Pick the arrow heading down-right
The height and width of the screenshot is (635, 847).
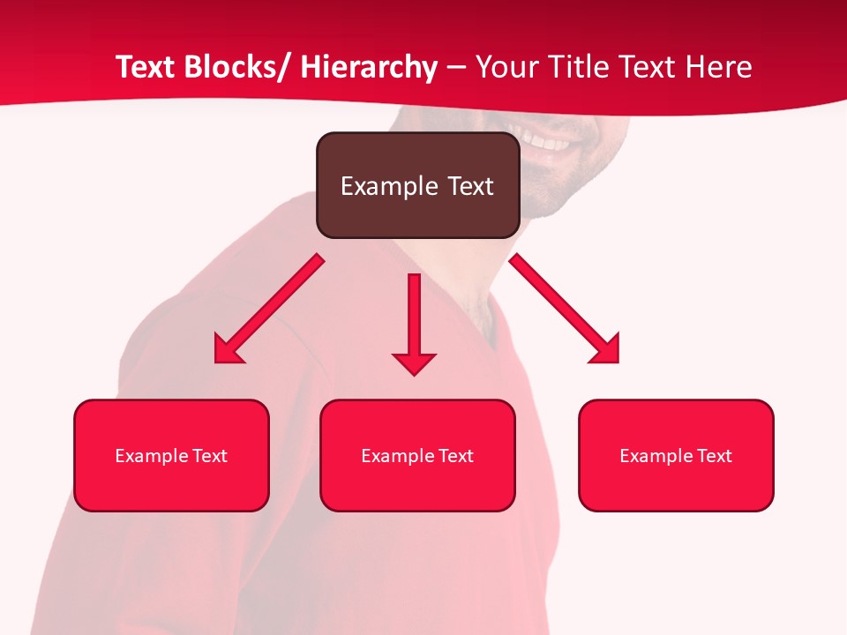pos(560,304)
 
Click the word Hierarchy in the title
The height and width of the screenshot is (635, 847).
pos(369,67)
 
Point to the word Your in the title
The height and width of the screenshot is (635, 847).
pos(506,67)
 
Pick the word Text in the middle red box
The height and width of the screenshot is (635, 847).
pos(456,456)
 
